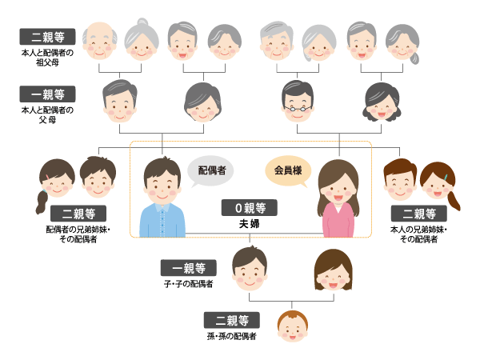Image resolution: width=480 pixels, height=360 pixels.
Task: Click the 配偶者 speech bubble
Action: (211, 170)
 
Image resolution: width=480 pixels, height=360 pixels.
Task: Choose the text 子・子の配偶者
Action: (188, 283)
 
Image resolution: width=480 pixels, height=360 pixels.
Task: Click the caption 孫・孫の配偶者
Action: (231, 336)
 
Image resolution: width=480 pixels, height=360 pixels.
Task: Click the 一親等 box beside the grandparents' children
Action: (48, 92)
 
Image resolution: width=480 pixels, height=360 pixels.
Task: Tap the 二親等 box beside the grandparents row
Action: (48, 37)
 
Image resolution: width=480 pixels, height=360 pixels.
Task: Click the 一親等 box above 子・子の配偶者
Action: (188, 268)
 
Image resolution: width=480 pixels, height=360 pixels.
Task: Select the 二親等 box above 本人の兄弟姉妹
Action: (418, 214)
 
